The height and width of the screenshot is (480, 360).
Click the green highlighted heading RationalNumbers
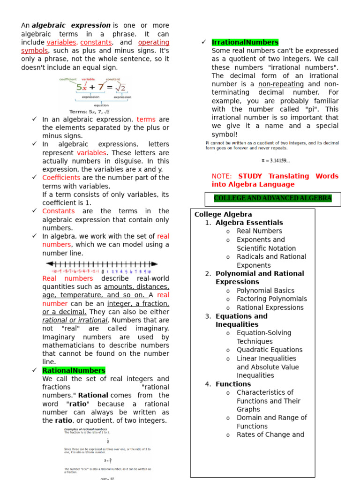pyautogui.click(x=74, y=370)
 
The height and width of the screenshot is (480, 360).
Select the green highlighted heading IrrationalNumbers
pyautogui.click(x=245, y=42)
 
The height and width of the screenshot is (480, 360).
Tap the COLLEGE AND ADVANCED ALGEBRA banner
pyautogui.click(x=272, y=198)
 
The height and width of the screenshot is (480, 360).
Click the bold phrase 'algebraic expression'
pyautogui.click(x=71, y=25)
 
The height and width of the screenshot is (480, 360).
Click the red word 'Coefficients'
pyautogui.click(x=61, y=178)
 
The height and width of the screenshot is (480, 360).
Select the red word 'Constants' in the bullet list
pyautogui.click(x=58, y=211)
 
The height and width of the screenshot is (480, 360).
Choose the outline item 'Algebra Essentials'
pyautogui.click(x=249, y=223)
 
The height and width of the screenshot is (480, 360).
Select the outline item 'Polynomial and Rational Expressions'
pyautogui.click(x=259, y=277)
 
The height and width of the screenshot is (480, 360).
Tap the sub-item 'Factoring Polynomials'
pyautogui.click(x=272, y=299)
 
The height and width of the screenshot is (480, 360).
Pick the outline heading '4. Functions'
pyautogui.click(x=233, y=384)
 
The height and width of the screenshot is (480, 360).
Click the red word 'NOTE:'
pyautogui.click(x=222, y=176)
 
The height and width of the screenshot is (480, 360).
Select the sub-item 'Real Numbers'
pyautogui.click(x=259, y=231)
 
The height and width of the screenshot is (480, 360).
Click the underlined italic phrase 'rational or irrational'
pyautogui.click(x=75, y=320)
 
